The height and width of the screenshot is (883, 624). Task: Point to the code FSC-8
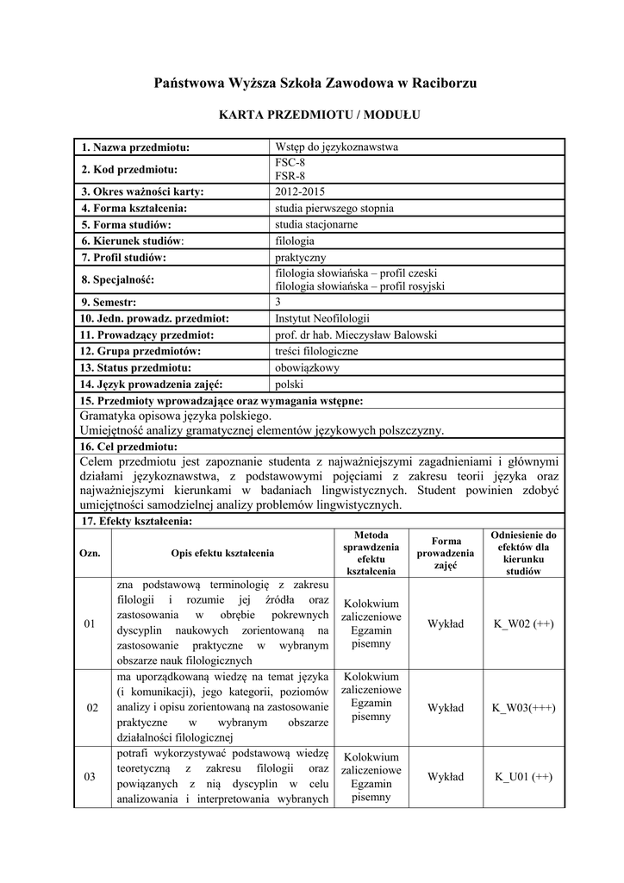[290, 162]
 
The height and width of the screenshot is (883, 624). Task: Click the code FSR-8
[290, 176]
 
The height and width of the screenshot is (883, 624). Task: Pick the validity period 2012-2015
[301, 191]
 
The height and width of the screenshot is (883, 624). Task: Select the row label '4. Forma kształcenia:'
[134, 208]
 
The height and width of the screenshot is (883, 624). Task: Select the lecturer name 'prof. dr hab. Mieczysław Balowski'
[355, 335]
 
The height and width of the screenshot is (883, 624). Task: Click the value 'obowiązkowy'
[307, 367]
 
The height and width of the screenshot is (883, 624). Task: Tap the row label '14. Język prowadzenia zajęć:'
[152, 384]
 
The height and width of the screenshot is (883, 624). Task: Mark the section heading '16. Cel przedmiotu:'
[129, 446]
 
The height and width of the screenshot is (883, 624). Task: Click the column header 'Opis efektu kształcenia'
[222, 553]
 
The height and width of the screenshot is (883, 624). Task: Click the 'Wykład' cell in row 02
[446, 708]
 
